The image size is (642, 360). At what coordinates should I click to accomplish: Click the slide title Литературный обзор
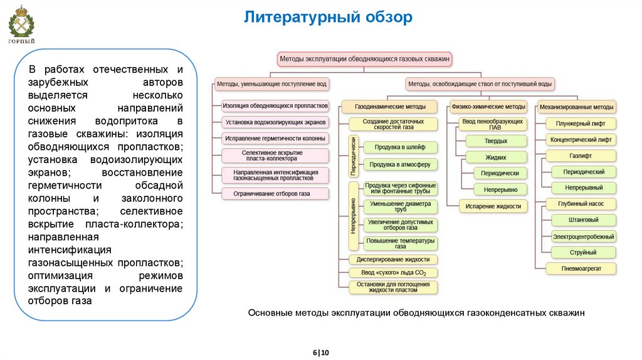point(328,17)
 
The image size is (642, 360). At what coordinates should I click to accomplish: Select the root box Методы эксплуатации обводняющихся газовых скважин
point(366,59)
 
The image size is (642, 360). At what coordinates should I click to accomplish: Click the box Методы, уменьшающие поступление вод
point(271,83)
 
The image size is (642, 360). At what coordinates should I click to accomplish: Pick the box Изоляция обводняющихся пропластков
point(275,106)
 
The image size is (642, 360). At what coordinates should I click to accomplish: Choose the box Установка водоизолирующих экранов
point(275,122)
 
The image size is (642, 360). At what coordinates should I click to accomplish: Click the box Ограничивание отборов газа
point(275,194)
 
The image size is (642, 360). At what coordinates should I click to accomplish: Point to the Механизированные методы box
point(577,107)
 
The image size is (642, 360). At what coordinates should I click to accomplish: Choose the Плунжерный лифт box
point(580,124)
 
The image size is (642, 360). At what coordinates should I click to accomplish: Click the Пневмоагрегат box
point(580,268)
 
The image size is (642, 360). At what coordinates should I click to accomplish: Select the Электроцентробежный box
point(583,236)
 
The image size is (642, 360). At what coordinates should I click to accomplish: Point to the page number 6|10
point(320,352)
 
